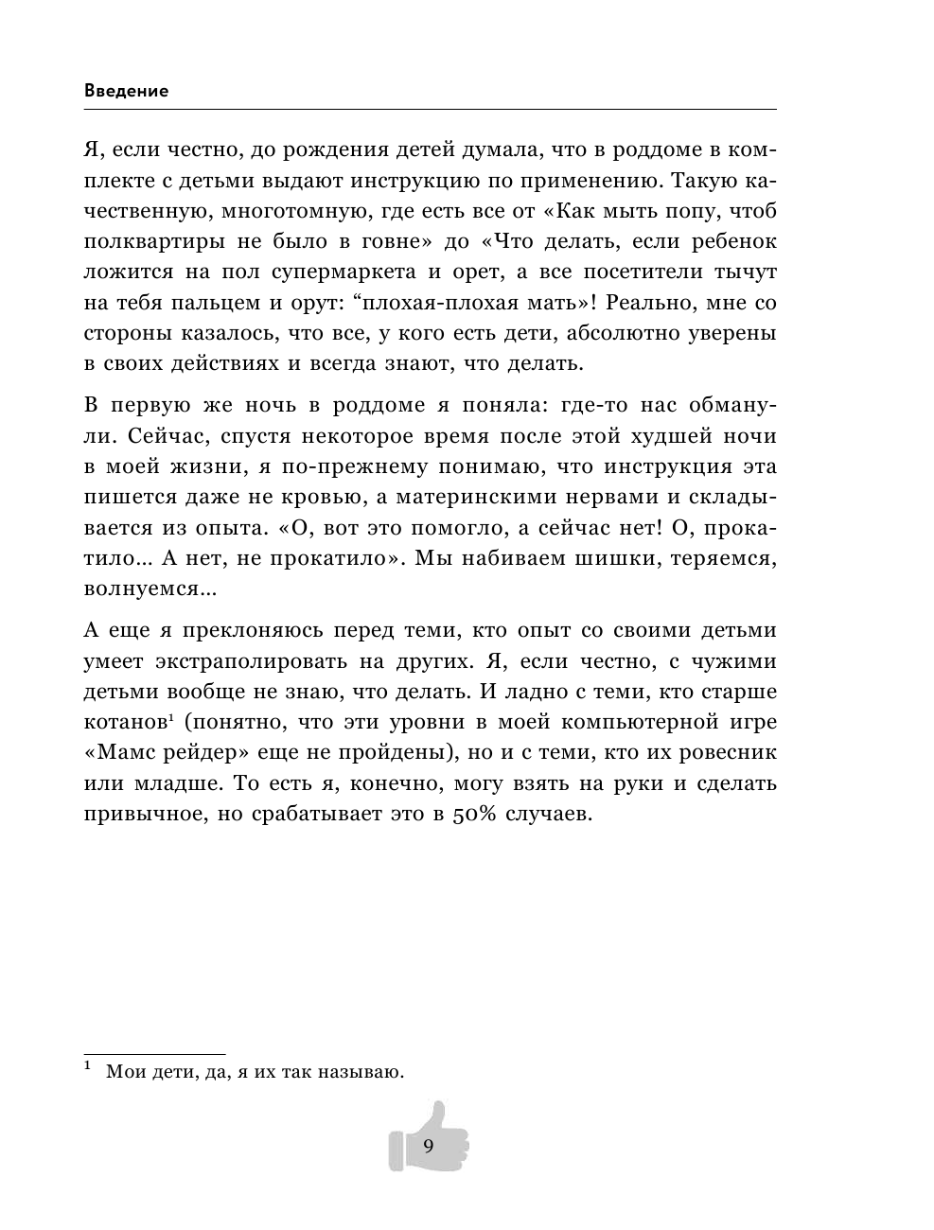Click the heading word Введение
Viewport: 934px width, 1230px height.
pyautogui.click(x=126, y=92)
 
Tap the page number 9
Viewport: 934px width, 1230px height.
pyautogui.click(x=428, y=1147)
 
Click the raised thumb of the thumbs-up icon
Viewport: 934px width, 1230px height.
pyautogui.click(x=436, y=1115)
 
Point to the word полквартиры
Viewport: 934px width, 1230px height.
pyautogui.click(x=154, y=241)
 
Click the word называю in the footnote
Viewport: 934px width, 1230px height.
pyautogui.click(x=360, y=1072)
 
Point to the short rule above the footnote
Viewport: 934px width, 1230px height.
pyautogui.click(x=154, y=1053)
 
